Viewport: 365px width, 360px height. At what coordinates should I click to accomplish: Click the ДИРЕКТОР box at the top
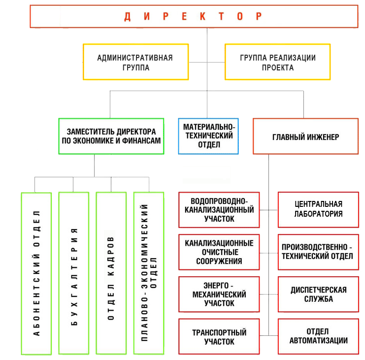tap(193, 17)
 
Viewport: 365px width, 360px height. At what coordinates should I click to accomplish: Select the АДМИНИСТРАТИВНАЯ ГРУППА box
tap(135, 62)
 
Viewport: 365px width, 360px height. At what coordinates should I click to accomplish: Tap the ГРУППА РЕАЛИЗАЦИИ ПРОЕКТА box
tap(277, 62)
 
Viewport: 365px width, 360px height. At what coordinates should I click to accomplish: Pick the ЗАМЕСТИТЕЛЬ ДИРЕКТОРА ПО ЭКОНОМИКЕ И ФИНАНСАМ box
tap(111, 136)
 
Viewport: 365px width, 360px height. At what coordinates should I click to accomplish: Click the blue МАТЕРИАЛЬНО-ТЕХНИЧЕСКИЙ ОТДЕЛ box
tap(208, 136)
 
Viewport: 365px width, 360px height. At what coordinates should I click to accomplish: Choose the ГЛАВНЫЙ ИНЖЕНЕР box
tap(305, 136)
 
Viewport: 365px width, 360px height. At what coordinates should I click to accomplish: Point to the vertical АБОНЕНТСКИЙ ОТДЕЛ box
tap(36, 273)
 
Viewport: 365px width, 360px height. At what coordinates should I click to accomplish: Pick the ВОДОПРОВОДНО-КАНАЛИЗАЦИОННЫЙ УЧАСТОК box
tap(219, 210)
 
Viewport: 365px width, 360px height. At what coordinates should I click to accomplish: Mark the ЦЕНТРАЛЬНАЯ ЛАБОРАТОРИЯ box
tap(318, 209)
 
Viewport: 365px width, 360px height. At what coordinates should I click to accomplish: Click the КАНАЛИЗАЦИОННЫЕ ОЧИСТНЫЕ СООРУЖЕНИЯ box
tap(219, 252)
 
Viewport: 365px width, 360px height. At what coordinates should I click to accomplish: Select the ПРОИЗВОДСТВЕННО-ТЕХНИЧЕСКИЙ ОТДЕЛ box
tap(318, 252)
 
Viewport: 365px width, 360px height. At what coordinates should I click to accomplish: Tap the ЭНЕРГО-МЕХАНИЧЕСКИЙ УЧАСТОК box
tap(219, 295)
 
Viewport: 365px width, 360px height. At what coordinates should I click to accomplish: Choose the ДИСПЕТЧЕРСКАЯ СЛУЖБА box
tap(318, 295)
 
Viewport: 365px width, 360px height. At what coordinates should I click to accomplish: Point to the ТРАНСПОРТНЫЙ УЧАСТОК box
tap(219, 337)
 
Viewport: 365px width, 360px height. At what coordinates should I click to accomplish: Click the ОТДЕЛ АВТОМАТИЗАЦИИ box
tap(318, 336)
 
